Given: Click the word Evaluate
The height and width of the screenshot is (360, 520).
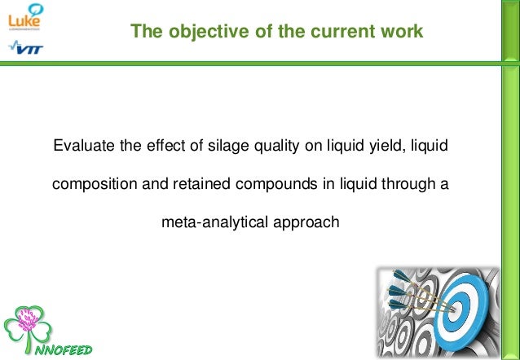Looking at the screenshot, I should tap(82, 147).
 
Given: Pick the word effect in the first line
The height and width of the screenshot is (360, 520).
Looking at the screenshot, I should tap(162, 147).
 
